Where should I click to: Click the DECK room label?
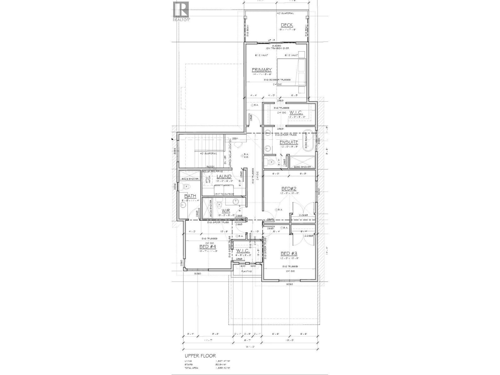click(287, 25)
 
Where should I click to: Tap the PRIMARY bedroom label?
click(262, 70)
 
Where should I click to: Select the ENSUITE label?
click(288, 142)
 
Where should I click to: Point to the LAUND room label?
click(224, 177)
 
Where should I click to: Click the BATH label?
click(190, 196)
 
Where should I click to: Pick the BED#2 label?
click(288, 189)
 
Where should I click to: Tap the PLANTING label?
click(247, 272)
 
